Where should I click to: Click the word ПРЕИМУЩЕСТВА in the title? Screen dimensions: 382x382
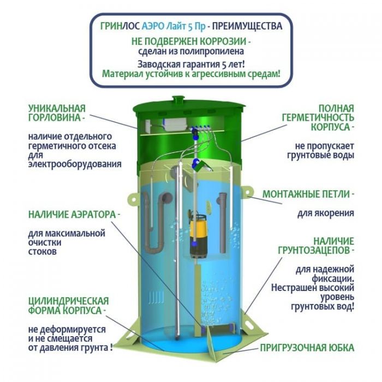pos(247,26)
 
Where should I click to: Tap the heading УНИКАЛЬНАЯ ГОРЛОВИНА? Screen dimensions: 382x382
pos(57,113)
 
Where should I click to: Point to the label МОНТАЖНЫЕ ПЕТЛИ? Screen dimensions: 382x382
pos(308,194)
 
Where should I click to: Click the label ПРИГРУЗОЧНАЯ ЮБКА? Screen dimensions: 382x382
pos(307,348)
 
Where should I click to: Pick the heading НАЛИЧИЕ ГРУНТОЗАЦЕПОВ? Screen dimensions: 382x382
pos(316,246)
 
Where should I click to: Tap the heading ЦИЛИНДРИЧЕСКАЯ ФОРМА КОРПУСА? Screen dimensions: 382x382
pos(68,306)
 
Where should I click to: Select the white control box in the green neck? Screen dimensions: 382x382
pos(175,124)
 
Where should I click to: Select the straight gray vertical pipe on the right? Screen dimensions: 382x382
pos(222,222)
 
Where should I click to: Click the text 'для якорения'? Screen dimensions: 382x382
pos(326,213)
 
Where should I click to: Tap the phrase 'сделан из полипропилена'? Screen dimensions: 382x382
pos(191,51)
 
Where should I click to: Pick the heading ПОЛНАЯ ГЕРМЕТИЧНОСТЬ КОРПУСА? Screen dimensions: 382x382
pos(318,118)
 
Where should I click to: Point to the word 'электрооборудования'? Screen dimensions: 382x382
pos(75,164)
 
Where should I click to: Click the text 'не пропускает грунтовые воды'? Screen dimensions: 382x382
pos(321,151)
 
